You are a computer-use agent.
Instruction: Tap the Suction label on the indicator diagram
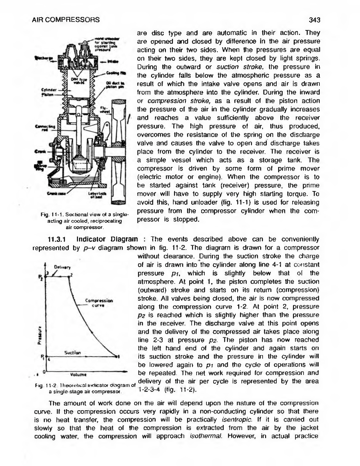coord(73,353)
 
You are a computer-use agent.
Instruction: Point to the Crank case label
coord(55,193)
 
